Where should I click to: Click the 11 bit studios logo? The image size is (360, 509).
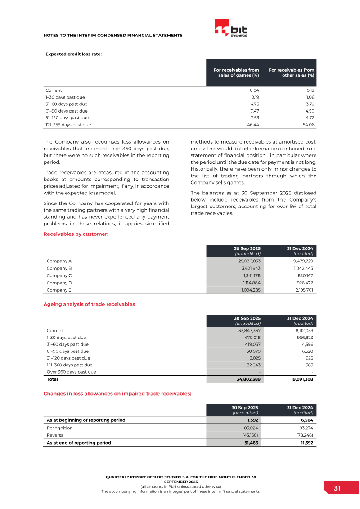(x=231, y=28)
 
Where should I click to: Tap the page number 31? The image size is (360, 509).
(x=337, y=488)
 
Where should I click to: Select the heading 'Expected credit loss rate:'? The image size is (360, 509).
(x=74, y=54)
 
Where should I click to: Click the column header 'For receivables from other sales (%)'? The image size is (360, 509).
(x=291, y=72)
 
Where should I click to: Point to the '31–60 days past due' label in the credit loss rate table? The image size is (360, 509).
(x=67, y=104)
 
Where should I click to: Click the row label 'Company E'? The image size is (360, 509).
(x=59, y=290)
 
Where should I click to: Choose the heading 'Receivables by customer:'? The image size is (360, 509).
(x=76, y=234)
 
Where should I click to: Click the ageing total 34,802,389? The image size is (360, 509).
(x=248, y=379)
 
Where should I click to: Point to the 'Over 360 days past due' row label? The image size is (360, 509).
(x=71, y=372)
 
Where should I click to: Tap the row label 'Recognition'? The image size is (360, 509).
(x=59, y=428)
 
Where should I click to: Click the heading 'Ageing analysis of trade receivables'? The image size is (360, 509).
(x=89, y=304)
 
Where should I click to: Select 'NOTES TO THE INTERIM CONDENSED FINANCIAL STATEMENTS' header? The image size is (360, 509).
(x=113, y=35)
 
